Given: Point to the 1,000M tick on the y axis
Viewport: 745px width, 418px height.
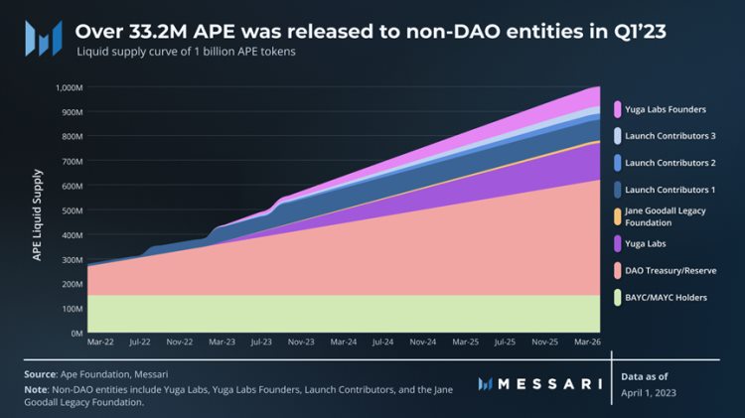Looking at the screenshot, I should click(67, 87).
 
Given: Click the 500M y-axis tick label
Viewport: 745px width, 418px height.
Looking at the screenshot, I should click(71, 210).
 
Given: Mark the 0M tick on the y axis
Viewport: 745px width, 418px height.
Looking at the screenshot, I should click(74, 334).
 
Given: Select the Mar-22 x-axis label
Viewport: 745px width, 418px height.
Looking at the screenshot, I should click(100, 342).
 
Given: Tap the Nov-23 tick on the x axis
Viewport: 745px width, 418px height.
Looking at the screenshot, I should click(302, 342).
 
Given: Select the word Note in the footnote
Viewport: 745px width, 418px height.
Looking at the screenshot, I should click(37, 390).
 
